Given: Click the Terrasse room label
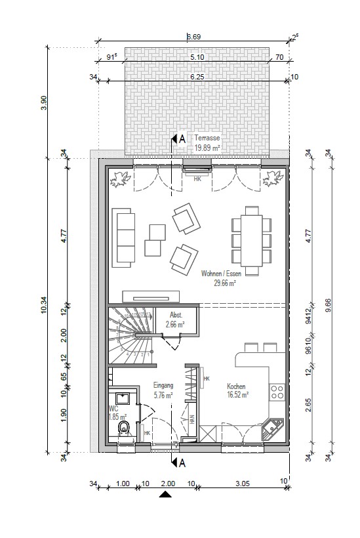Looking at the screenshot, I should tap(207, 138).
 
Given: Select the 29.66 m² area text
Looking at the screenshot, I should tap(224, 283).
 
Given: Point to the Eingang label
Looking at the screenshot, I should tap(163, 386).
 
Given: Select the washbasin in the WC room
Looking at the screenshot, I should tap(123, 398).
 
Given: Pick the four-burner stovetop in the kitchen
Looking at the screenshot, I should tap(277, 392).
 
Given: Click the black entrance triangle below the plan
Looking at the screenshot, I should tap(165, 495).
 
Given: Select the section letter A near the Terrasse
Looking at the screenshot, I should tap(182, 138).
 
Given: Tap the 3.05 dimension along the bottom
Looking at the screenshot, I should tap(242, 484).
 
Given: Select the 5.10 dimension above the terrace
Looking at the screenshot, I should tap(197, 58).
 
